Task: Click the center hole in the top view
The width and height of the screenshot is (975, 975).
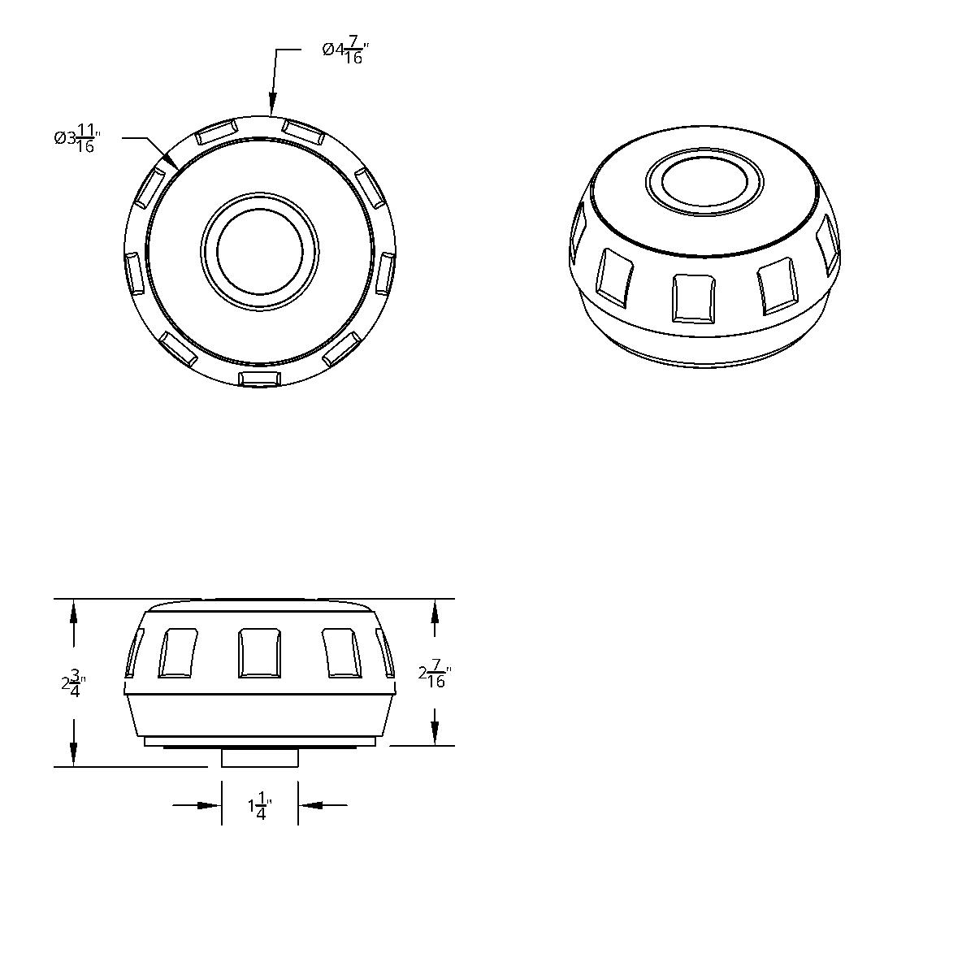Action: point(260,249)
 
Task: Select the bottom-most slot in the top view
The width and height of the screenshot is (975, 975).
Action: point(260,379)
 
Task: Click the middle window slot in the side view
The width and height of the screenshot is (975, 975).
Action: point(260,652)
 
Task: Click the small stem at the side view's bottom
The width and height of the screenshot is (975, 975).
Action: point(260,757)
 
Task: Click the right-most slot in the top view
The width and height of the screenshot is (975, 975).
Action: point(386,272)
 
